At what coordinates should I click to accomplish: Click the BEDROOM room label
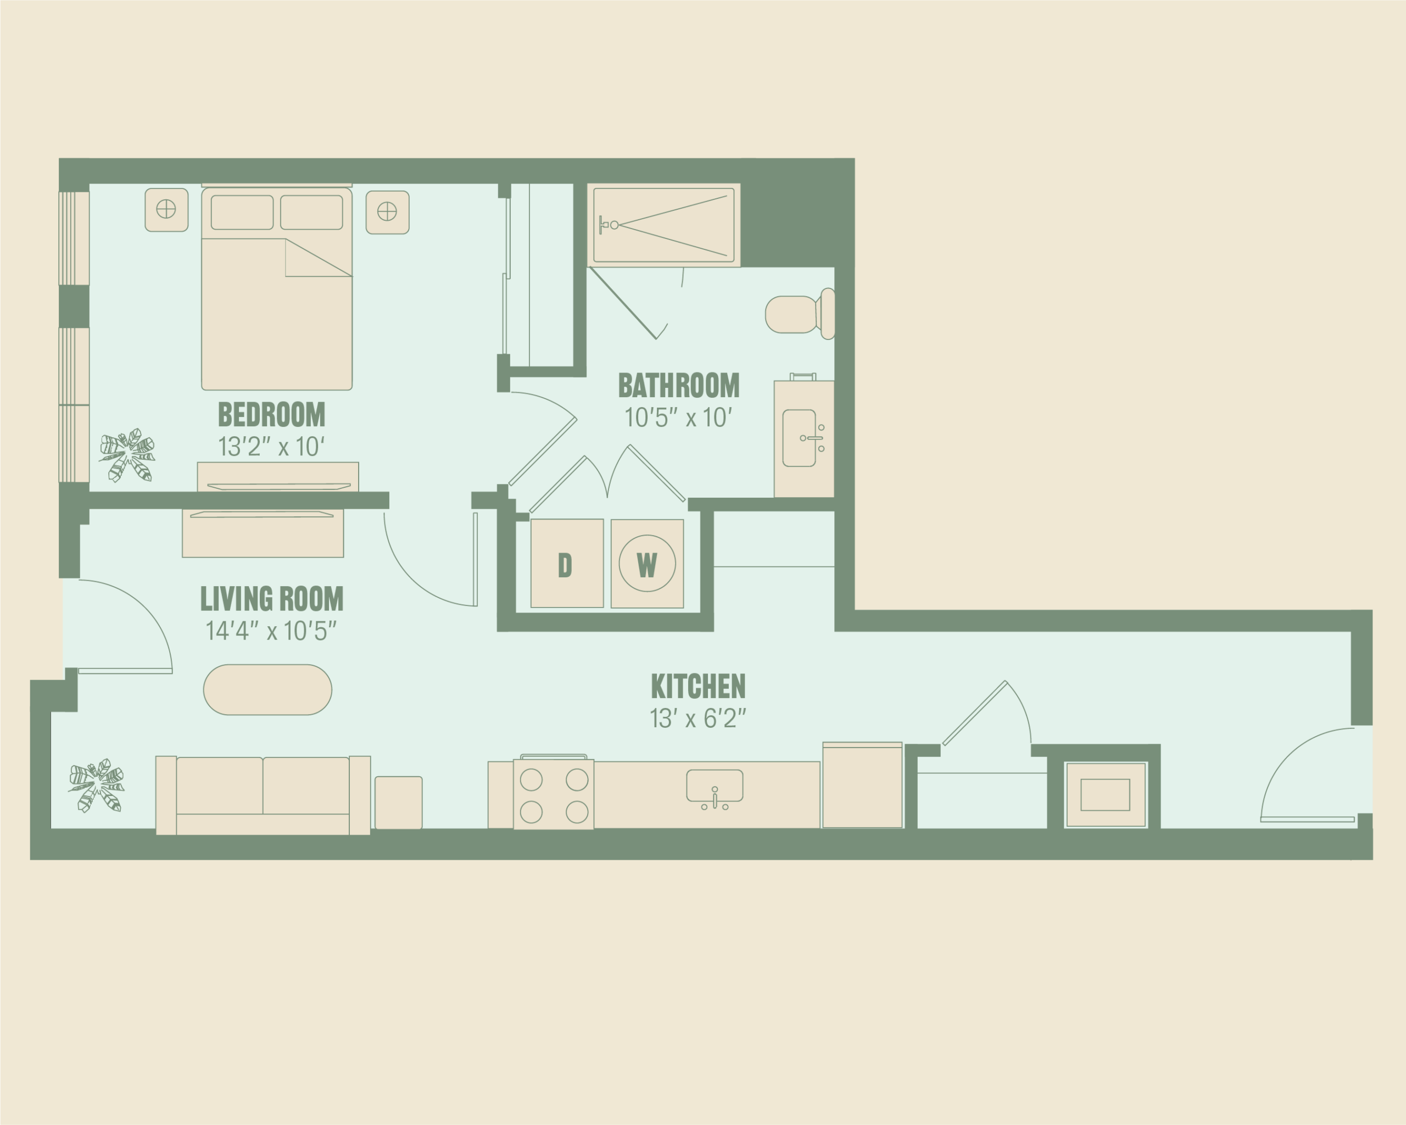271,414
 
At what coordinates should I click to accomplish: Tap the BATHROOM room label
678,386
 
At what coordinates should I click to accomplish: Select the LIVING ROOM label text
271,599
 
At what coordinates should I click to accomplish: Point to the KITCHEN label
698,686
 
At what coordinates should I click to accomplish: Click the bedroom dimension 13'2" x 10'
271,447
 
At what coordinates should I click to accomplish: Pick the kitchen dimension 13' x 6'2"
698,719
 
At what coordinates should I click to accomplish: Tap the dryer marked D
567,564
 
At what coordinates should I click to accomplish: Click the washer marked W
647,564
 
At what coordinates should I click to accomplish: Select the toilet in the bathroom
800,314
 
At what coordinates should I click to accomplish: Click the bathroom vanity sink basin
799,438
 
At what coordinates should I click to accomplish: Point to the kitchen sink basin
714,786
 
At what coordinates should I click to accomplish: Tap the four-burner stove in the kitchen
554,794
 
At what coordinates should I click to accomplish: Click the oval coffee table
267,690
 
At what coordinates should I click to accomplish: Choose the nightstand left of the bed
166,210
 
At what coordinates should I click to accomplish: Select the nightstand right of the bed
387,212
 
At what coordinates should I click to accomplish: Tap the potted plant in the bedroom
127,455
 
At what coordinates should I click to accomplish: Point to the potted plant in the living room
97,786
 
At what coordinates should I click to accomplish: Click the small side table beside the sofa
398,803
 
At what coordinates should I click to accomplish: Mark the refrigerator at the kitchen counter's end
862,785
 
